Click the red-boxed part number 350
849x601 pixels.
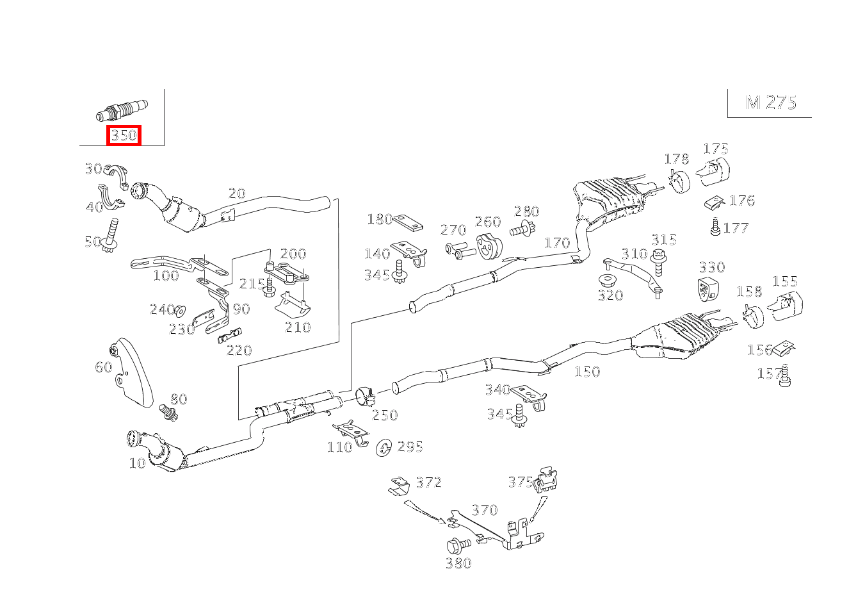point(124,135)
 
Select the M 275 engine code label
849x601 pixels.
point(771,103)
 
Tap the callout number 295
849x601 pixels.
point(410,447)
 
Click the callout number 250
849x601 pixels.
point(385,415)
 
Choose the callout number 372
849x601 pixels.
point(428,482)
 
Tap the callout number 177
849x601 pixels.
point(736,228)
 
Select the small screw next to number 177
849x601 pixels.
point(715,226)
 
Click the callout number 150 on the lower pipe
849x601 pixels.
point(586,372)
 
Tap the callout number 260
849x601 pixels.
point(487,222)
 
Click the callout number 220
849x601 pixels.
point(239,350)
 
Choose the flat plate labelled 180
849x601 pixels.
point(407,223)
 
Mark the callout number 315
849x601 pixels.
point(663,240)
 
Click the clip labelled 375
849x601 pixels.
point(546,479)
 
